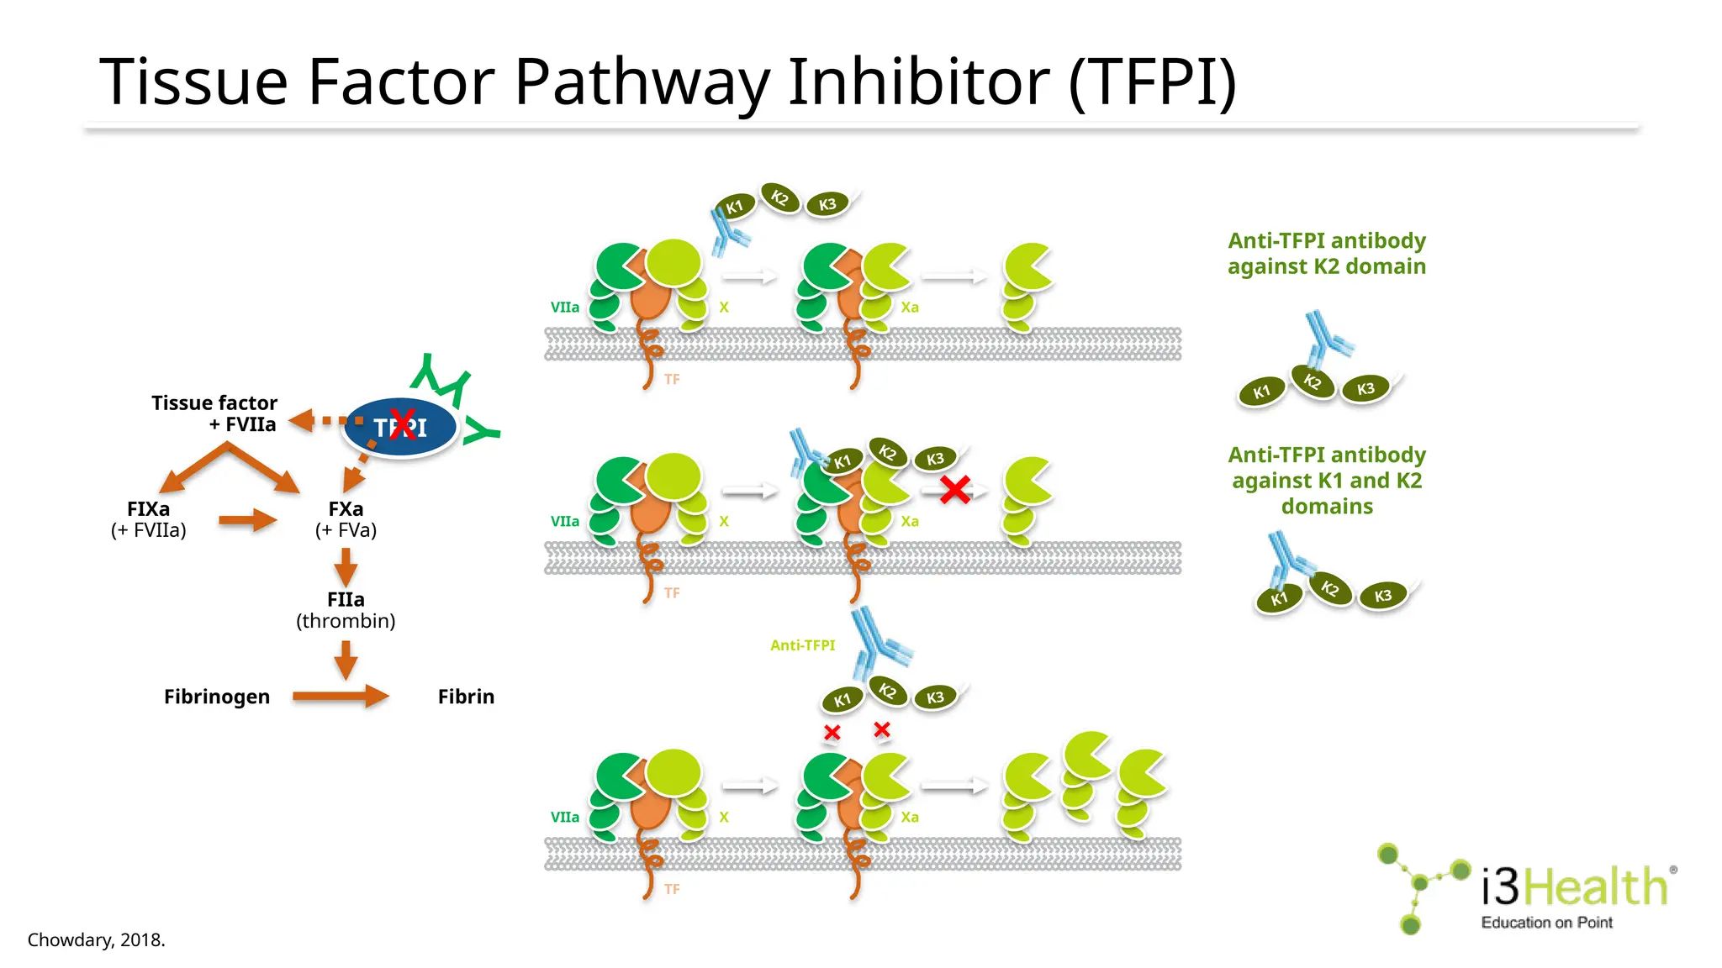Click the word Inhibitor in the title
tap(918, 82)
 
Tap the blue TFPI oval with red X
tap(400, 427)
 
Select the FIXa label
tap(148, 509)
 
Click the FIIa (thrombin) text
tap(346, 610)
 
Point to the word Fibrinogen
tap(217, 697)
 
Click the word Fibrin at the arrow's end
tap(466, 697)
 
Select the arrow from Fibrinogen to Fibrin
tap(340, 696)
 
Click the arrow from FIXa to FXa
tap(247, 520)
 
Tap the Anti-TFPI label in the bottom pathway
tap(802, 645)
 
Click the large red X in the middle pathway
tap(955, 489)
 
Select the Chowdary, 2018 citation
tap(96, 939)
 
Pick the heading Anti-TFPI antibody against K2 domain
tap(1327, 253)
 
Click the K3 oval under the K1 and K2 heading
tap(1383, 596)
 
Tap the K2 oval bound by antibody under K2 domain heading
tap(1313, 381)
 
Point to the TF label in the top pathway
tap(671, 379)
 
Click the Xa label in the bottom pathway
tap(910, 817)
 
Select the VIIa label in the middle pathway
tap(564, 521)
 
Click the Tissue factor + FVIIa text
tap(215, 413)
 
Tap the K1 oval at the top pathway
tap(735, 207)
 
